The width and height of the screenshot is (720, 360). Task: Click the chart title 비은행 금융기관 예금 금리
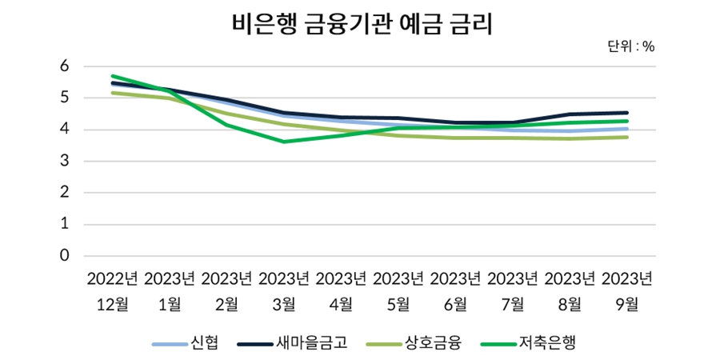[x=360, y=24]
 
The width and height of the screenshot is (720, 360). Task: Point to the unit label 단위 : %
[x=631, y=46]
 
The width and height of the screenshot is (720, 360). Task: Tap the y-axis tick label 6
[x=65, y=66]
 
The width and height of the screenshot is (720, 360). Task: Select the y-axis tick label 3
[x=65, y=162]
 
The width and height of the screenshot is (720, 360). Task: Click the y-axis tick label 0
[x=65, y=256]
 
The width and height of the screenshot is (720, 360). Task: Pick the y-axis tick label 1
[x=65, y=225]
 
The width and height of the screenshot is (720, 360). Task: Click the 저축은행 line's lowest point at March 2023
[x=284, y=142]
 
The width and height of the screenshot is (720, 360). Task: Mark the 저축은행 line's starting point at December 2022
[x=113, y=76]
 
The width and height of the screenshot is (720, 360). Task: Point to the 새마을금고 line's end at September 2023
[x=626, y=113]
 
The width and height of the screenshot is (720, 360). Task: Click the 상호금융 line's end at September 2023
[x=626, y=137]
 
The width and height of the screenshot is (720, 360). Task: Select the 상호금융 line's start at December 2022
[x=113, y=93]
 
